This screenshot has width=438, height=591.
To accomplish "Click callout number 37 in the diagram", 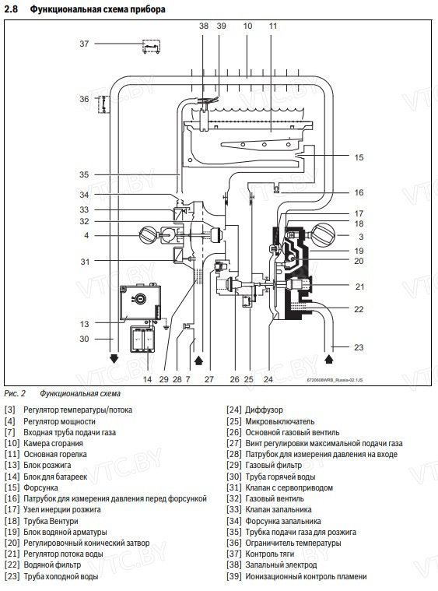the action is point(84,44).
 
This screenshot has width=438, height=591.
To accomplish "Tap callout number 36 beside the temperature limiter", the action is point(84,99).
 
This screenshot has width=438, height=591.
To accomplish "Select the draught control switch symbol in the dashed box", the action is point(152,47).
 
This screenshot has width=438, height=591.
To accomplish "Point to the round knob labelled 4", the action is point(148,235).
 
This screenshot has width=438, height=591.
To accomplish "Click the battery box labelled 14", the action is point(142,339).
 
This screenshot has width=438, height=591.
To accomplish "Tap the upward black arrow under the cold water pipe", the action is point(329,358).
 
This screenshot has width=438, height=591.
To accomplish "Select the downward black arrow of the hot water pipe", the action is point(114,358).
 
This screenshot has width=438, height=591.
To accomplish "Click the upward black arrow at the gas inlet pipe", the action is point(199,361).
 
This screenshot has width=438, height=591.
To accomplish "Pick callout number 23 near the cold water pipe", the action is point(359,347).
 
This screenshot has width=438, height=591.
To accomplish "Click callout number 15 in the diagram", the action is point(359,157).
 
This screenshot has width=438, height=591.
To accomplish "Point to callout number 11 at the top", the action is point(273,26).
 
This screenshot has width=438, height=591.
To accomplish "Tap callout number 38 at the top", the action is point(204,26).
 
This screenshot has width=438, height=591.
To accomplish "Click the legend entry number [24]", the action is point(233,410).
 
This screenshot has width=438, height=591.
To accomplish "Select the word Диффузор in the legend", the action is point(264,410).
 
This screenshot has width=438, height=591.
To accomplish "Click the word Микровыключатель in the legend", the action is point(280,421).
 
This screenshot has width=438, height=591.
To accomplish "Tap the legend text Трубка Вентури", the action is point(51,521).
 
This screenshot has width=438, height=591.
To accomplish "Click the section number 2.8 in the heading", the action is point(12,9).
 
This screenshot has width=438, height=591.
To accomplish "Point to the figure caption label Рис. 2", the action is point(15,394).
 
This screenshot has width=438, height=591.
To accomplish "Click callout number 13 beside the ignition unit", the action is point(84,324).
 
